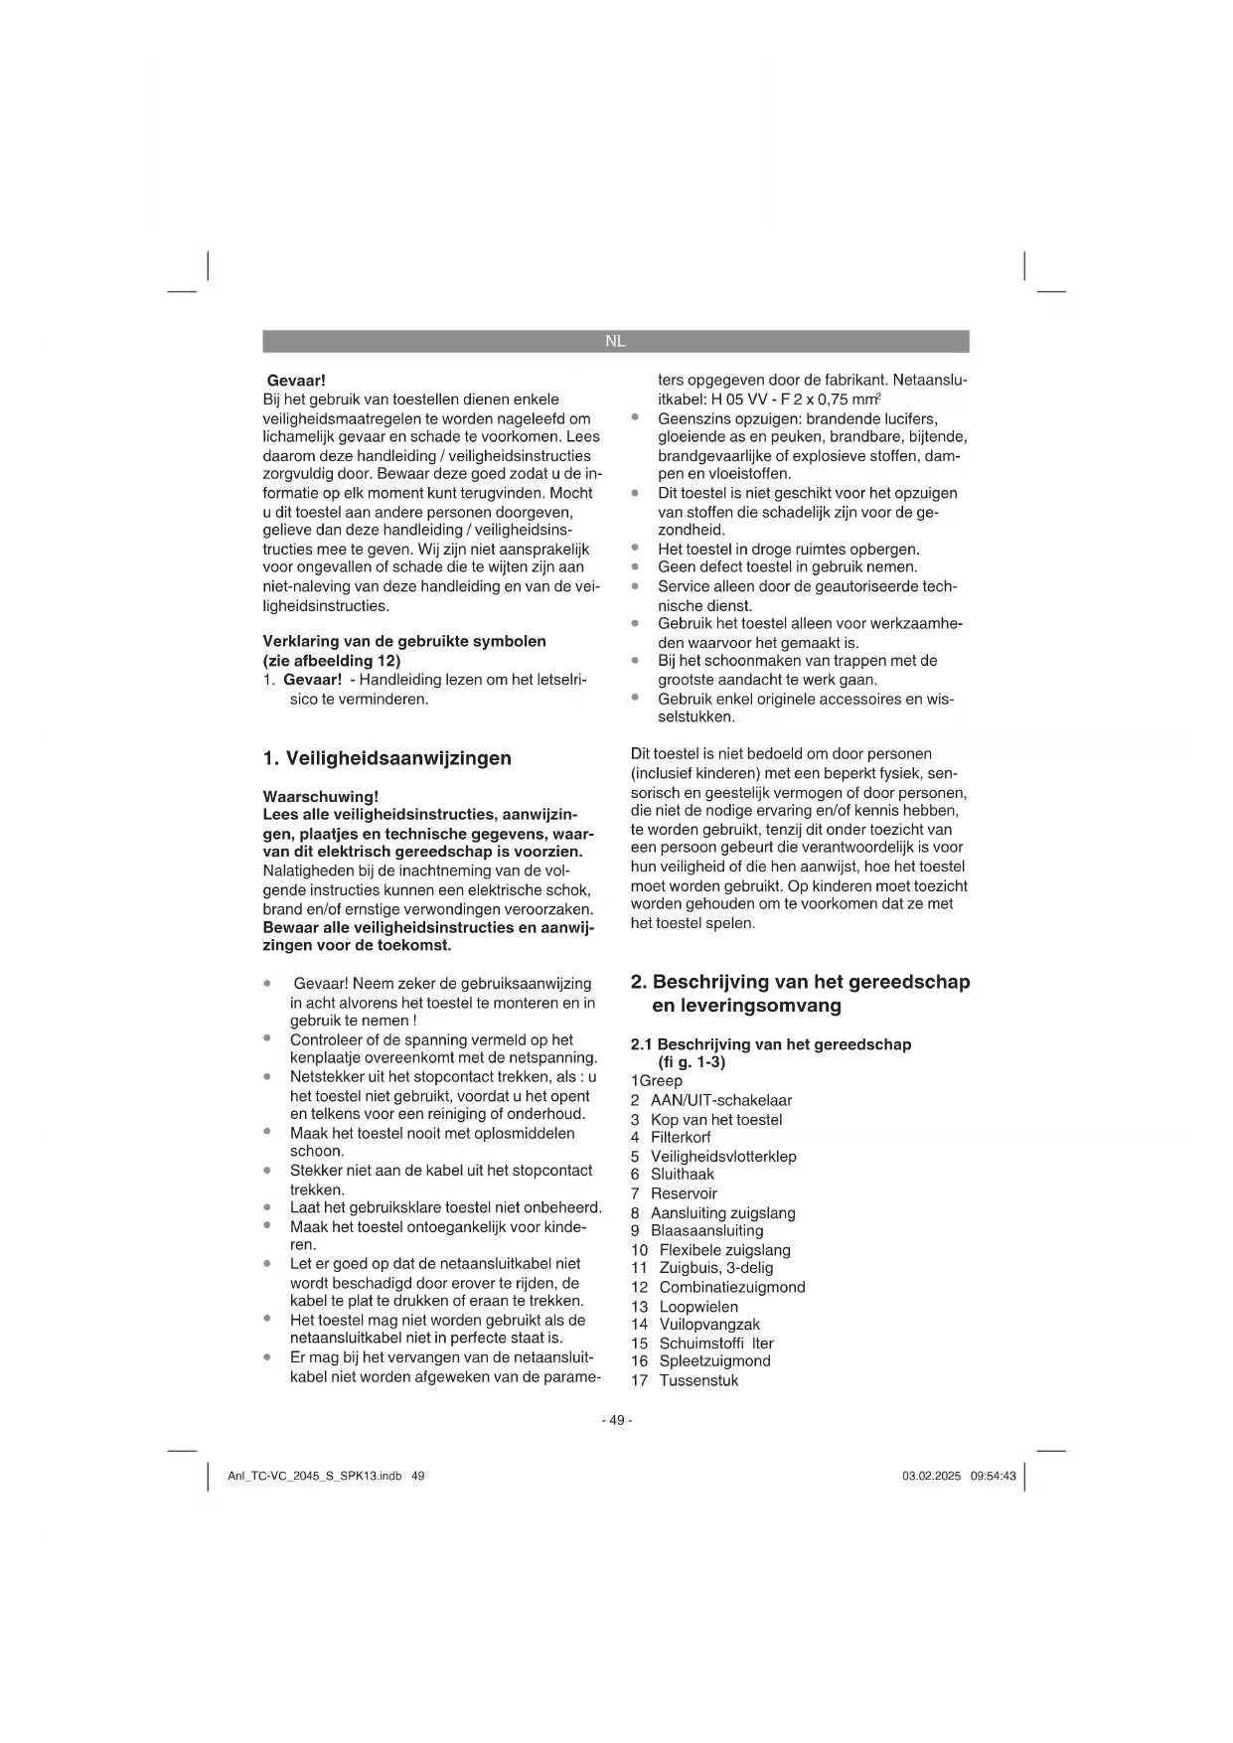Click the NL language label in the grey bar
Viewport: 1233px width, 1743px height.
[615, 341]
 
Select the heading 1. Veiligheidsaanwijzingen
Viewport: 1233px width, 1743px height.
[386, 758]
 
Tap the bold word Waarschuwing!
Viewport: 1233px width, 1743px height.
[320, 796]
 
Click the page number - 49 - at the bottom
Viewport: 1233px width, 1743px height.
[616, 1420]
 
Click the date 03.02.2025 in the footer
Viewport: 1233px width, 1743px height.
[931, 1477]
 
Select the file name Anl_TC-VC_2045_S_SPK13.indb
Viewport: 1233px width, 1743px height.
[314, 1477]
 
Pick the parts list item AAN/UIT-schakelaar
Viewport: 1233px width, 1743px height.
[720, 1100]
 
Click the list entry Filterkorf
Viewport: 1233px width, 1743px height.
[681, 1137]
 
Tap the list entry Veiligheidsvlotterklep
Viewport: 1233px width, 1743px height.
[723, 1156]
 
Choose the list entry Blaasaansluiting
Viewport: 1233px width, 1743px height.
[706, 1230]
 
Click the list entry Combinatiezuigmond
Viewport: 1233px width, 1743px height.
[732, 1287]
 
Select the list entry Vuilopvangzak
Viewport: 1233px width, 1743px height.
[709, 1324]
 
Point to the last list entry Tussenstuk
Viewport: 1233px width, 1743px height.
[698, 1380]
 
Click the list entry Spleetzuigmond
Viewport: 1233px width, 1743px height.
[714, 1360]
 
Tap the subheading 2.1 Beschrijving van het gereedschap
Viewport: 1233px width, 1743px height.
[771, 1044]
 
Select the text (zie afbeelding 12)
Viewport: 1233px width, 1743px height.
[332, 660]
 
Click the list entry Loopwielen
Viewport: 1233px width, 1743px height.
[698, 1306]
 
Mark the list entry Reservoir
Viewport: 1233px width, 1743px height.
[684, 1193]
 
